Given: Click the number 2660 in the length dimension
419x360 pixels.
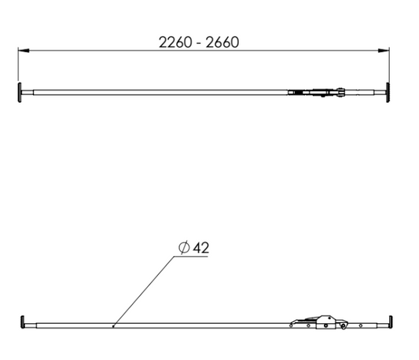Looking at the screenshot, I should pyautogui.click(x=222, y=42).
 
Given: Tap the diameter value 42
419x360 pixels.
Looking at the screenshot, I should pyautogui.click(x=200, y=248).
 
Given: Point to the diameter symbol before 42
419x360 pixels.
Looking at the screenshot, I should pyautogui.click(x=183, y=248).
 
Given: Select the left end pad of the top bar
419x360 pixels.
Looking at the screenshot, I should pyautogui.click(x=19, y=93).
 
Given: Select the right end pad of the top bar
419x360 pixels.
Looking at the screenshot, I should pyautogui.click(x=389, y=92).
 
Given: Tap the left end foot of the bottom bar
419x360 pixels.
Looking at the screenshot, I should pyautogui.click(x=20, y=322).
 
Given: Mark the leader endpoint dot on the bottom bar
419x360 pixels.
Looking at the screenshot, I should pyautogui.click(x=114, y=325).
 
